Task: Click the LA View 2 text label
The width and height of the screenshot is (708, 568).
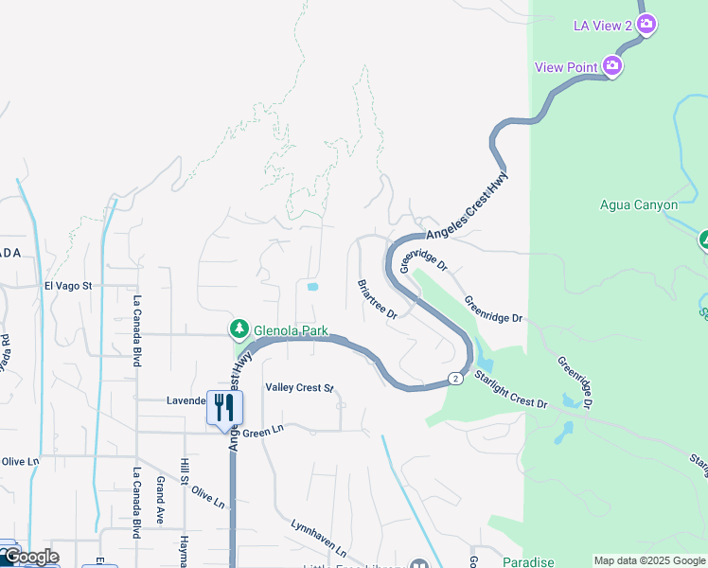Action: [x=602, y=26]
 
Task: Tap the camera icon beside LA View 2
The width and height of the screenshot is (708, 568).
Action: [x=646, y=26]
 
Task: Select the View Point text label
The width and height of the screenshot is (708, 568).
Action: [x=565, y=66]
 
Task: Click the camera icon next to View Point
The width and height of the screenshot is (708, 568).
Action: [x=612, y=65]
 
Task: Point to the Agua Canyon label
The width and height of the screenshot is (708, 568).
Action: [x=639, y=204]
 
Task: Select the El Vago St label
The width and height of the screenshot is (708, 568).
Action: [x=67, y=285]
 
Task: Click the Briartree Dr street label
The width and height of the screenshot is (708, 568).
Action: [x=377, y=299]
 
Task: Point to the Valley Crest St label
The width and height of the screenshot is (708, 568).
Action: [x=300, y=388]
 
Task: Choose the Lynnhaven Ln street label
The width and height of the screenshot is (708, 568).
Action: [x=318, y=537]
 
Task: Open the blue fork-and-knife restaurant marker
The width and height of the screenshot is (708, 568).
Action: [x=224, y=408]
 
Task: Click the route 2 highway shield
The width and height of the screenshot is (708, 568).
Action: [x=455, y=379]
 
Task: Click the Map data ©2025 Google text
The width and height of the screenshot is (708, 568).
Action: [x=649, y=560]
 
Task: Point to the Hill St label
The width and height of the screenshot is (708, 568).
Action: [x=186, y=477]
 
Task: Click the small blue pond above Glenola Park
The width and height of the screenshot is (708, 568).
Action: [x=312, y=286]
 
